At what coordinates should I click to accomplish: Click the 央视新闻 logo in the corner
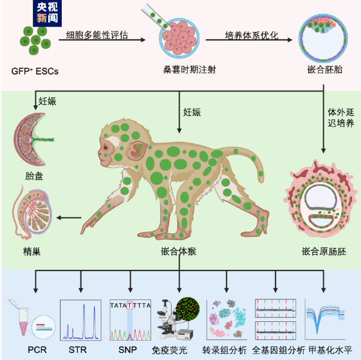click(x=47, y=13)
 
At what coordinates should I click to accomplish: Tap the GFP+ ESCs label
click(x=35, y=71)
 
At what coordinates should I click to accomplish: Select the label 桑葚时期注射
click(x=189, y=70)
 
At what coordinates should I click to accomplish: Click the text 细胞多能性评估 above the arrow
click(x=97, y=35)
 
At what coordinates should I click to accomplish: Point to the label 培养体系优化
click(x=252, y=35)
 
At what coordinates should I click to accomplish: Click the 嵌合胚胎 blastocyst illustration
click(x=323, y=38)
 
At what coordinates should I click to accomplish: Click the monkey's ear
click(x=137, y=150)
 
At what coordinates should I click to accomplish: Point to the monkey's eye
click(x=106, y=147)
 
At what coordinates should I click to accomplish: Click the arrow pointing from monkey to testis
click(x=69, y=218)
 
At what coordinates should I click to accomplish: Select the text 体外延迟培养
click(x=341, y=118)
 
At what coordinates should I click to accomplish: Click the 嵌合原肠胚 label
click(x=324, y=251)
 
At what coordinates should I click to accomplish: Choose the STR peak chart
click(x=80, y=320)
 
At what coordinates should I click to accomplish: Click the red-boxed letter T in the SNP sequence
click(x=130, y=306)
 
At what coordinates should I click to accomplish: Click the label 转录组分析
click(x=225, y=350)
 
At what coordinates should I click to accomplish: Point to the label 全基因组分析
click(x=279, y=350)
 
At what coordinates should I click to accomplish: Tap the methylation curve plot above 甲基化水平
click(x=325, y=319)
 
